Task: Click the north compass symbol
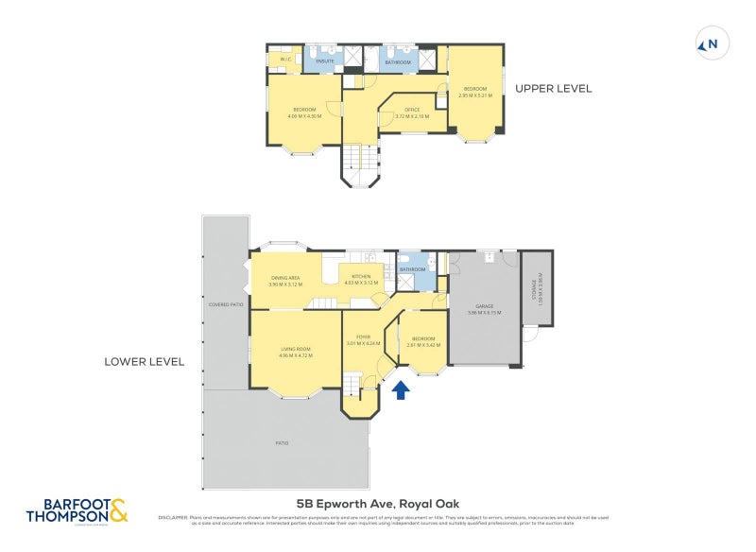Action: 708,43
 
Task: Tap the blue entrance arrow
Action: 401,388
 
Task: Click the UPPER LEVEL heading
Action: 553,89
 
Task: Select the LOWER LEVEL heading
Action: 145,362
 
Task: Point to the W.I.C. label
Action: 285,60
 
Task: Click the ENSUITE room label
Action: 325,60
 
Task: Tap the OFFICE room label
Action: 412,112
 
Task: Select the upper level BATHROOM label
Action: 397,61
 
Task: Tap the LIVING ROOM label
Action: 295,352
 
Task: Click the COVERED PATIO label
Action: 226,305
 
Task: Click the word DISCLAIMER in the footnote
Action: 174,517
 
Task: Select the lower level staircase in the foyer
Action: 352,384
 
